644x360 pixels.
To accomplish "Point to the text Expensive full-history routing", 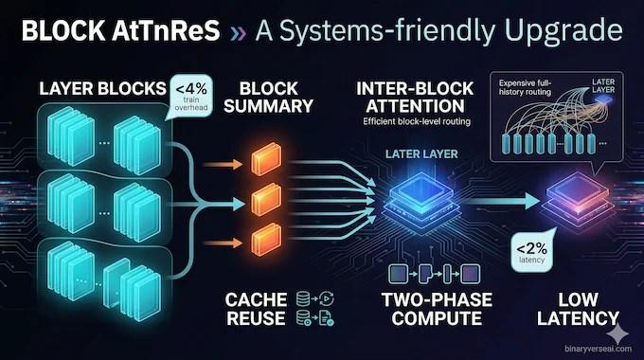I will [x=526, y=86].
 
